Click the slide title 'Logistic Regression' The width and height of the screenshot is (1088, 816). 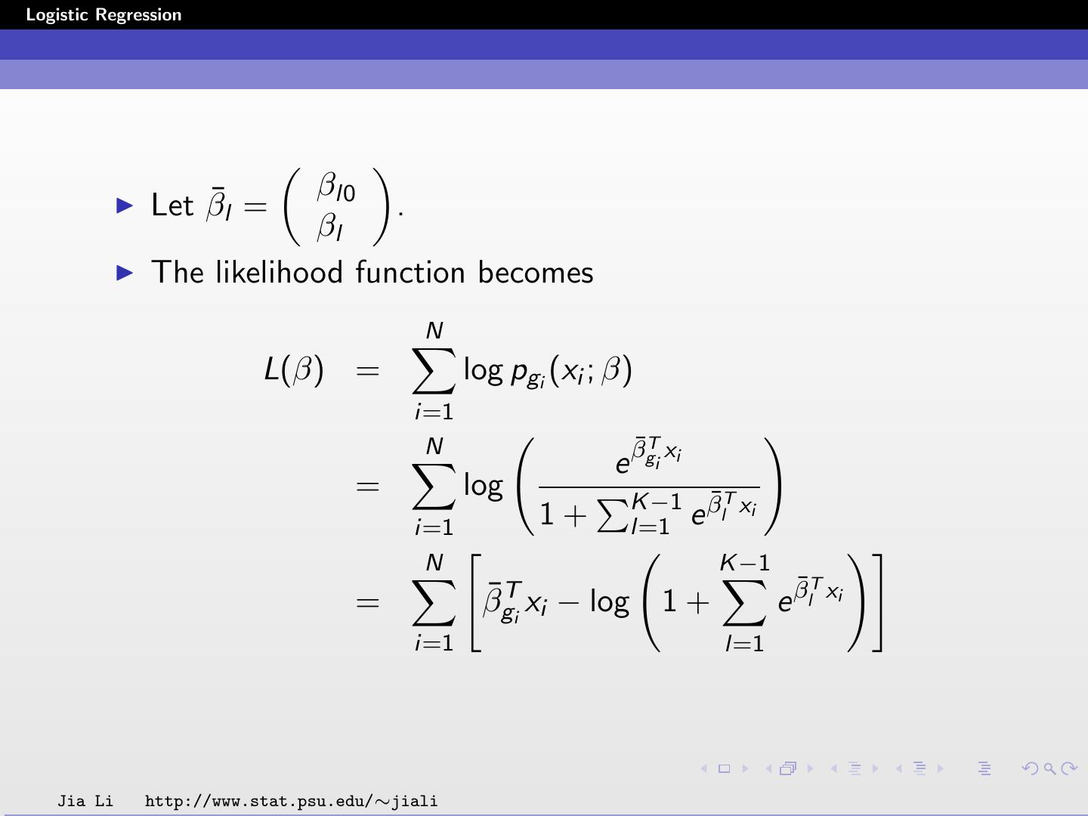[x=104, y=15]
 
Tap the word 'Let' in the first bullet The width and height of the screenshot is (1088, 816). [x=172, y=206]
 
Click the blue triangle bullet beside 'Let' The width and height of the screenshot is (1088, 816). [x=125, y=205]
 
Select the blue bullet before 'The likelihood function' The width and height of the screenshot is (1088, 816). [x=125, y=273]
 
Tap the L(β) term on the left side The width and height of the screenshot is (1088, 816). [x=294, y=369]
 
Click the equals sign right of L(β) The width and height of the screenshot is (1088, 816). [x=367, y=370]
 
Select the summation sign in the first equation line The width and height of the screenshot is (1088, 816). [x=434, y=371]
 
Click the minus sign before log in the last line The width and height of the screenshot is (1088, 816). [x=568, y=603]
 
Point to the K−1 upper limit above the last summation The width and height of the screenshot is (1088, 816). [x=744, y=563]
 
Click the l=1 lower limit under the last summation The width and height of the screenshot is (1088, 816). [x=744, y=643]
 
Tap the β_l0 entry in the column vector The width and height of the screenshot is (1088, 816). [x=335, y=187]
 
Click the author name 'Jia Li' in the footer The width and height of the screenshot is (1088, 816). [x=85, y=801]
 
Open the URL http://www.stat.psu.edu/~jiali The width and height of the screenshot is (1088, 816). [x=291, y=801]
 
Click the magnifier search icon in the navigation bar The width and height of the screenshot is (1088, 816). [x=1049, y=769]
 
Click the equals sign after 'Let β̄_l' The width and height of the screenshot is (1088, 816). [x=255, y=206]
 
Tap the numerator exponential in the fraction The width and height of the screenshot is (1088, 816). [x=648, y=456]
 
